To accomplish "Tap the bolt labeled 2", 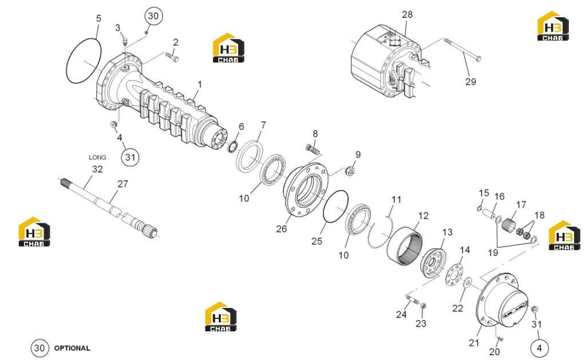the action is click(x=172, y=57).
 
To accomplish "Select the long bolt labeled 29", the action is click(x=462, y=49).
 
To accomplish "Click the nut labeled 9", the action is click(x=350, y=171).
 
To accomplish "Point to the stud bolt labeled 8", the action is click(x=313, y=149).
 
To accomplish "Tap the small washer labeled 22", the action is click(x=467, y=283).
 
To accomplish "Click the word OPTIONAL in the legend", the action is click(x=72, y=348).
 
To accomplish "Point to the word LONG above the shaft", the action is click(x=97, y=157).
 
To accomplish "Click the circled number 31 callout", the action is click(x=130, y=157).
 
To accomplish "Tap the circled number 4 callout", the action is click(x=539, y=348).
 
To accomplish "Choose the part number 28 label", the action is click(x=407, y=14).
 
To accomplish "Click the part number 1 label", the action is click(x=200, y=85).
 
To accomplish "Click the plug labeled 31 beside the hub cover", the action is click(x=534, y=309).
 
